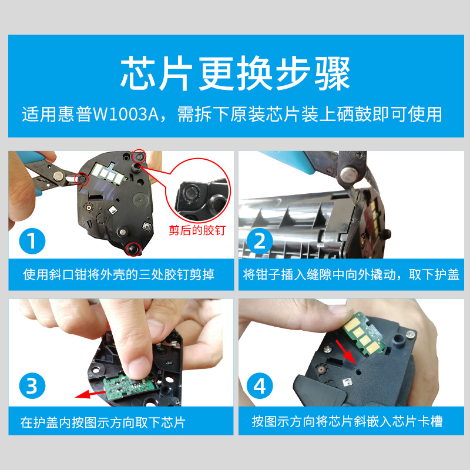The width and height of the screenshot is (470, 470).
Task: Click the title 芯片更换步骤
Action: click(236, 73)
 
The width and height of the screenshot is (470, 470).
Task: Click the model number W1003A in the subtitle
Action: click(126, 114)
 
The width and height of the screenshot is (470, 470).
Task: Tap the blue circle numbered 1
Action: click(32, 241)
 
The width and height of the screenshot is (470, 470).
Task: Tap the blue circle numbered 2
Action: click(260, 241)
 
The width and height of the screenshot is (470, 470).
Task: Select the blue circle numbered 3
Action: click(32, 385)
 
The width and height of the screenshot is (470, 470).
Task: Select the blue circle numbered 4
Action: click(260, 385)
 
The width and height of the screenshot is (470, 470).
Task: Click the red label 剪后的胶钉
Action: click(197, 230)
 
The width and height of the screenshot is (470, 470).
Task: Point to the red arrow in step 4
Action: click(345, 352)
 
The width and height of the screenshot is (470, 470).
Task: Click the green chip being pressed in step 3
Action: click(129, 387)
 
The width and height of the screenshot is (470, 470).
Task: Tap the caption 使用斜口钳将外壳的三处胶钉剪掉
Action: click(119, 274)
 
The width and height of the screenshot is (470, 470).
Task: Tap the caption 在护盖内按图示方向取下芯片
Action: click(103, 422)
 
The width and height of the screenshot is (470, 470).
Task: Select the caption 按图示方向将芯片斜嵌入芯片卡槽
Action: click(347, 421)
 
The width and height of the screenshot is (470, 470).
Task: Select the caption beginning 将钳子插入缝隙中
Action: click(351, 274)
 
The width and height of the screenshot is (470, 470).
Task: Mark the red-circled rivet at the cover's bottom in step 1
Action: click(133, 249)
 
